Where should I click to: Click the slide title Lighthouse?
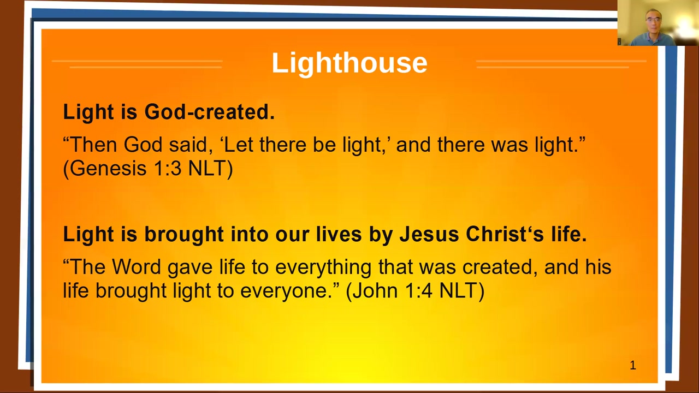click(349, 63)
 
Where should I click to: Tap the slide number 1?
click(633, 365)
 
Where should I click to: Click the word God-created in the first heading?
click(209, 112)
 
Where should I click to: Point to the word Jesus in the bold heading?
click(429, 234)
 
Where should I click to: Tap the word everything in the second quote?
click(323, 267)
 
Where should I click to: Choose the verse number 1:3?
click(168, 169)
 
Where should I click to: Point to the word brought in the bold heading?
click(184, 235)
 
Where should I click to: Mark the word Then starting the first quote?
click(93, 145)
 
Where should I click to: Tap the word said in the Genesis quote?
click(191, 145)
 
